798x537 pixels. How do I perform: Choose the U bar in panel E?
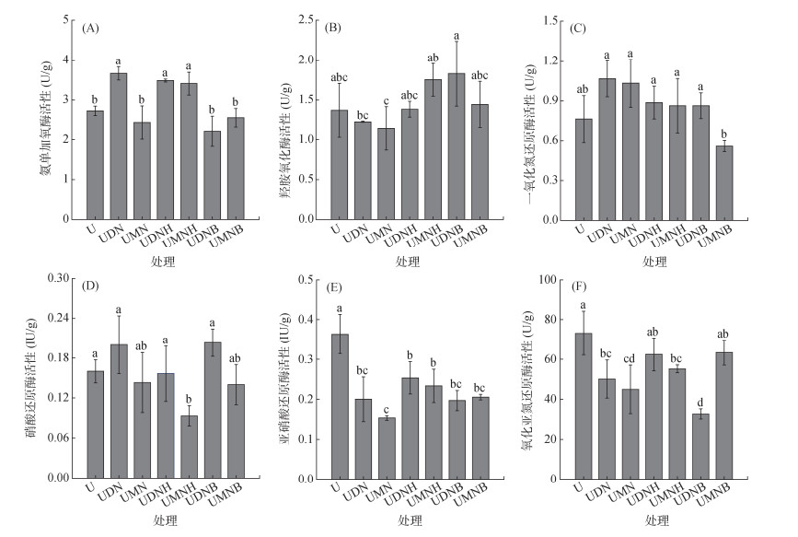click(340, 405)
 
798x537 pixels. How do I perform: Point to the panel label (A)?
click(90, 28)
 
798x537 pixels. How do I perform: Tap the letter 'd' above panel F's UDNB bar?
click(699, 401)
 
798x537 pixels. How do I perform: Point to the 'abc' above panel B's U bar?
click(340, 76)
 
